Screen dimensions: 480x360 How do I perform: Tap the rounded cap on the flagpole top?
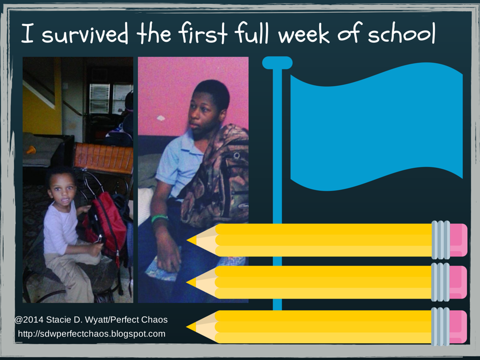click(x=277, y=63)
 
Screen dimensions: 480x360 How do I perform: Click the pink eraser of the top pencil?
click(x=458, y=240)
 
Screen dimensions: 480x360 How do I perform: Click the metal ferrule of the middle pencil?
click(x=440, y=282)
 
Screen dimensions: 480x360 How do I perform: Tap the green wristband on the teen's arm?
click(x=159, y=218)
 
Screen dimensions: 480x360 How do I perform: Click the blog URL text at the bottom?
click(x=92, y=334)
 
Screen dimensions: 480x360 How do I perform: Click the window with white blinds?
click(x=111, y=98)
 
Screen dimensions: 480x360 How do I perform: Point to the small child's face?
click(x=62, y=193)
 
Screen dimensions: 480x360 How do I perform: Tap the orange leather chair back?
click(x=104, y=157)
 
